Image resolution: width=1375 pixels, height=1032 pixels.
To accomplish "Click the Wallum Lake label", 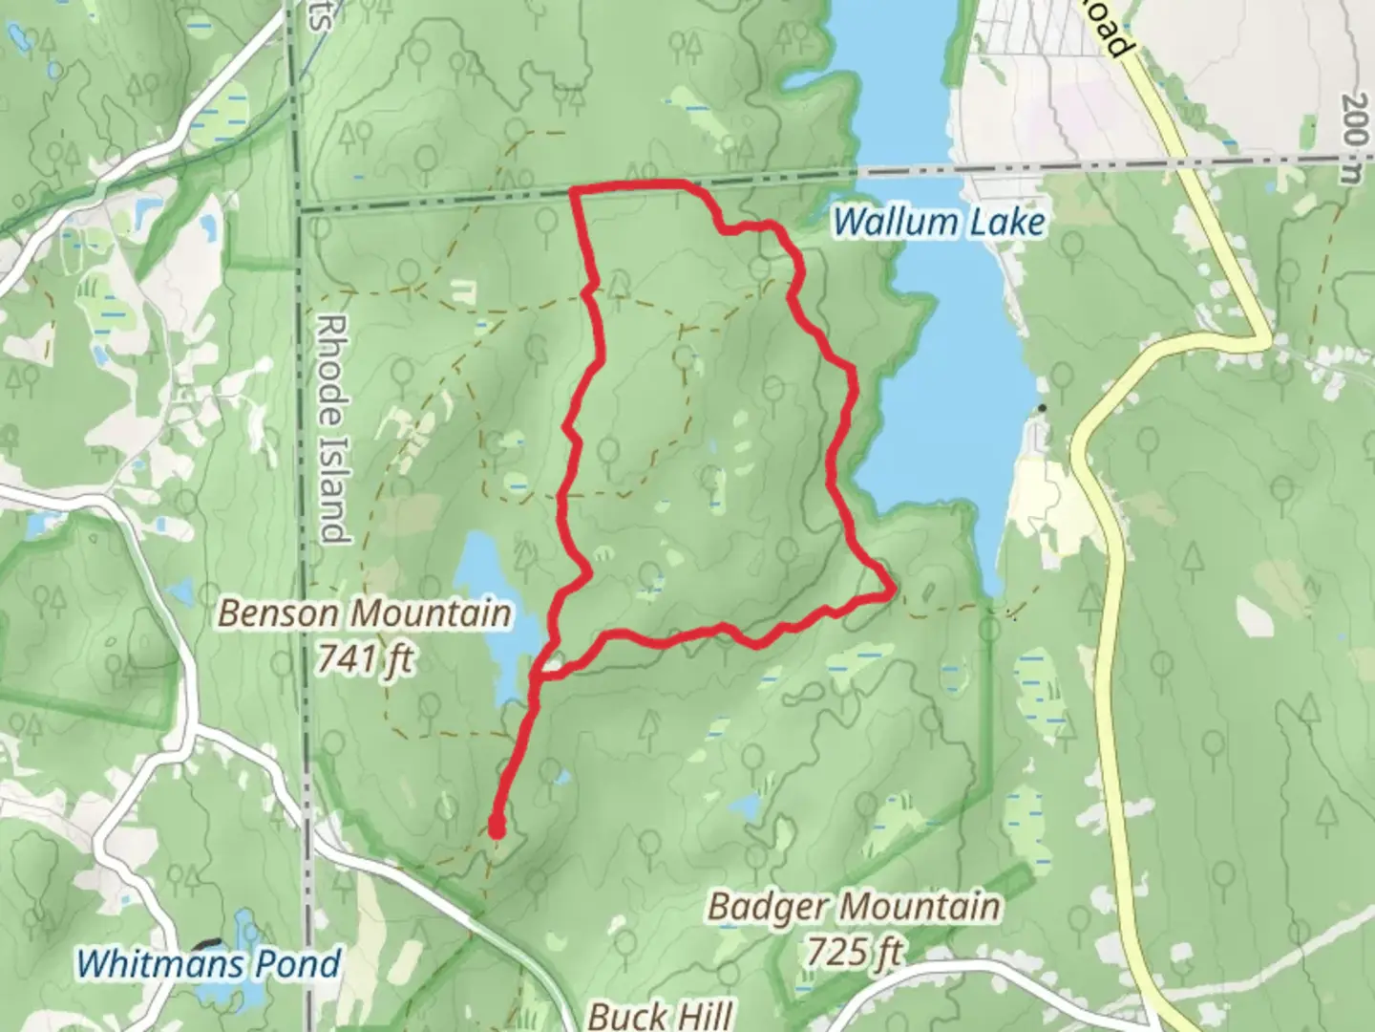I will tap(939, 223).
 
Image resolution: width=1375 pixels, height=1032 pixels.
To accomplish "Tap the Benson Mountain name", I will tap(365, 613).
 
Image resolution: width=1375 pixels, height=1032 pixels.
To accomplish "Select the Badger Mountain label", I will tap(854, 906).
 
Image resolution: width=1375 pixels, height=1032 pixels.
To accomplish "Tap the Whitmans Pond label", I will tap(208, 962).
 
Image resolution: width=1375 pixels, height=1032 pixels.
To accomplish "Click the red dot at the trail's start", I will tap(497, 828).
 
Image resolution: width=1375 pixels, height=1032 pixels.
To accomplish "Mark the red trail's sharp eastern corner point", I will tap(892, 592).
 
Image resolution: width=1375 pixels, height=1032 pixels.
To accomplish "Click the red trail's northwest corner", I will tap(574, 192).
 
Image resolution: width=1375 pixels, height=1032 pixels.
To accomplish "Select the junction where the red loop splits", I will tap(536, 676).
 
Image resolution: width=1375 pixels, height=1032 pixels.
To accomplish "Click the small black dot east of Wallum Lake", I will tap(1043, 409).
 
